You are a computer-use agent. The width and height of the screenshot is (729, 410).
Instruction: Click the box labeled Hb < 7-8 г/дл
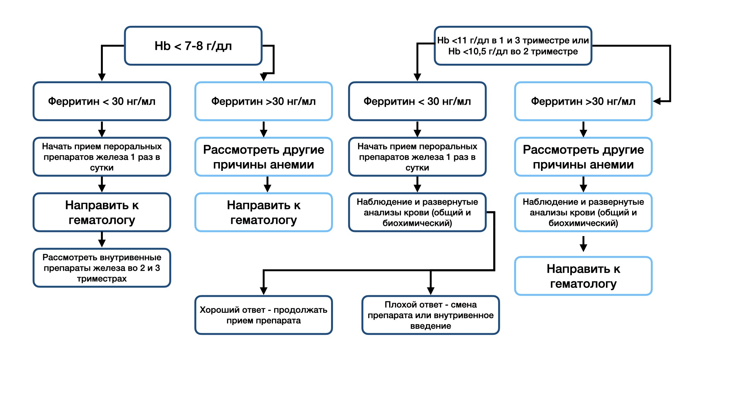(x=193, y=46)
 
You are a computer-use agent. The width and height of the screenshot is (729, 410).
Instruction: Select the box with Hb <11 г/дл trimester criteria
(x=513, y=46)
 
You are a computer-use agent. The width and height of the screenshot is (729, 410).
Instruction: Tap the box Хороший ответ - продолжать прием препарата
(x=264, y=315)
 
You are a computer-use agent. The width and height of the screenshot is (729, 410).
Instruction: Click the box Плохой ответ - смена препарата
(x=431, y=315)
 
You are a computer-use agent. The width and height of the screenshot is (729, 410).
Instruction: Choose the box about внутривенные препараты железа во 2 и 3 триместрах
(x=102, y=268)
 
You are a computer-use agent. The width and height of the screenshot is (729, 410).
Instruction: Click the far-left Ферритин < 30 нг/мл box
(x=102, y=101)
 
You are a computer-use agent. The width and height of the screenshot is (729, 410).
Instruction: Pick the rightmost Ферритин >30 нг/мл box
(x=583, y=101)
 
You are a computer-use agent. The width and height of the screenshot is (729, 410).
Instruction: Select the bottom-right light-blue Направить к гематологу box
(x=583, y=276)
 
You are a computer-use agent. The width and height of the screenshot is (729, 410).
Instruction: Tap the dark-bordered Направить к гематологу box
(x=102, y=213)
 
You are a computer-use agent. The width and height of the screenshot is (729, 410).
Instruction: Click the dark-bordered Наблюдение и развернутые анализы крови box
(x=417, y=213)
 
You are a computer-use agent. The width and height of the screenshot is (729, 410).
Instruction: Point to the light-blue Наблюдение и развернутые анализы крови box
(x=583, y=213)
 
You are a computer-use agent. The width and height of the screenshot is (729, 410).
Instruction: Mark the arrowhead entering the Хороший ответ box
(x=264, y=291)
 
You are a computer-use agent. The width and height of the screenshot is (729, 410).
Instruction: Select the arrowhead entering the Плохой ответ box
(x=431, y=291)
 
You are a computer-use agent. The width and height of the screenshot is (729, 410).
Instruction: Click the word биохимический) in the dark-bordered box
(x=417, y=223)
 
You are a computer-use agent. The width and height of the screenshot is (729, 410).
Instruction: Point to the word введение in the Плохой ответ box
(x=431, y=326)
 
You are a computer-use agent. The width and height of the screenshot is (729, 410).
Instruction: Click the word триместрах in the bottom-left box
(x=102, y=279)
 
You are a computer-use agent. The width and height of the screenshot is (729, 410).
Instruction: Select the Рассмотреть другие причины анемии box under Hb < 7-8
(x=264, y=157)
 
